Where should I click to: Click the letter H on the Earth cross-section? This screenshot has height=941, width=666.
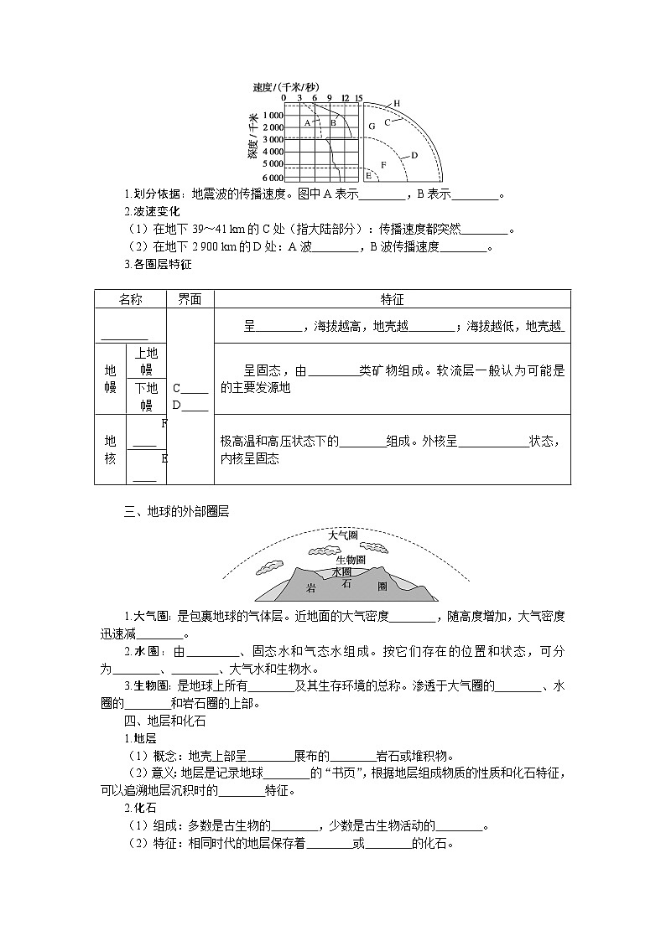(397, 103)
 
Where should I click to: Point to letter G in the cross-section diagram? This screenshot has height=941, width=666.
(372, 126)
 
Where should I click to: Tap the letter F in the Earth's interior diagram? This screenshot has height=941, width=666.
(383, 165)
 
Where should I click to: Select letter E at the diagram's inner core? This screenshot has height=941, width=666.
(368, 175)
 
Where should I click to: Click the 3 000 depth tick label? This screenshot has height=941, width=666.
(273, 139)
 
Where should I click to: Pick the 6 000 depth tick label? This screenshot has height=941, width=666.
(273, 178)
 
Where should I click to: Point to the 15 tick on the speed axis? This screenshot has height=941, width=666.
(359, 98)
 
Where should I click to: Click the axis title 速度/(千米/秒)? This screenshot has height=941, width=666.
(285, 87)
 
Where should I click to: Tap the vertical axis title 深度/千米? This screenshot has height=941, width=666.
(252, 137)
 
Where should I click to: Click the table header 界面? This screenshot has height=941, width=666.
(190, 299)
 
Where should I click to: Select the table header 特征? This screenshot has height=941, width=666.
(392, 299)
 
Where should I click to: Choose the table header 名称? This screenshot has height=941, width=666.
(131, 299)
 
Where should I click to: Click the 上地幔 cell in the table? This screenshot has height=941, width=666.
(146, 361)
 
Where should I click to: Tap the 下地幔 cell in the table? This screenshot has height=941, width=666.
(146, 396)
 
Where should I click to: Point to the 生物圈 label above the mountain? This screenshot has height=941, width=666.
(350, 559)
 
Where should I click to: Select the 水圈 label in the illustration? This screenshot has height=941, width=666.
(341, 571)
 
